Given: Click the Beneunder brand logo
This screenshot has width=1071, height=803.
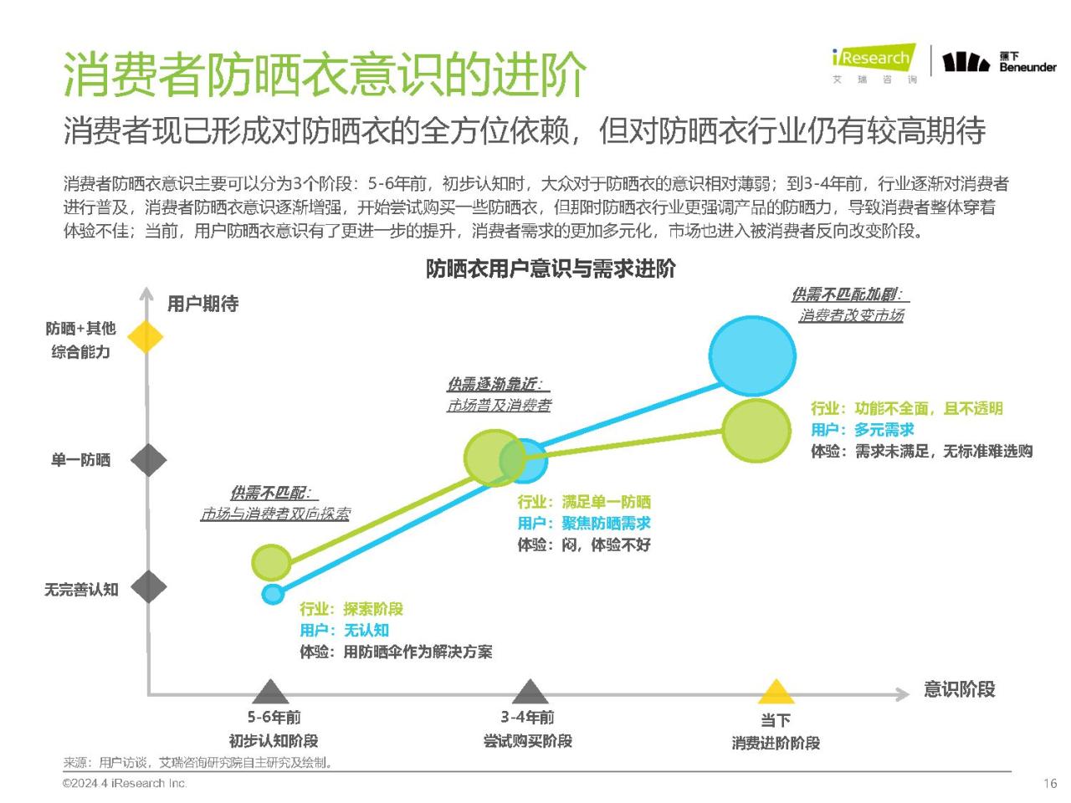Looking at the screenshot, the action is click(x=999, y=62).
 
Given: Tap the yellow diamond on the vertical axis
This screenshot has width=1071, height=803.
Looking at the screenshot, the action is click(x=146, y=336).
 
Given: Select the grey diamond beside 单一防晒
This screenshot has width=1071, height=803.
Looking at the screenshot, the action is click(x=149, y=460).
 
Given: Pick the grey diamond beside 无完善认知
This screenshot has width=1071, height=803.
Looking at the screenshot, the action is click(x=149, y=586).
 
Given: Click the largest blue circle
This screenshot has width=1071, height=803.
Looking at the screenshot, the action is click(x=752, y=355).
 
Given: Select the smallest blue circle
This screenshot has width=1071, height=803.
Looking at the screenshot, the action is click(x=273, y=594).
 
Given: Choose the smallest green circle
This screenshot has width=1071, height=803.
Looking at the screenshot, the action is click(x=271, y=562).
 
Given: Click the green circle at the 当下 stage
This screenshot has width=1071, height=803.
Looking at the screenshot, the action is click(x=756, y=431).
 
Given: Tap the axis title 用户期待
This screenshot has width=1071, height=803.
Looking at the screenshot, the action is click(x=203, y=304).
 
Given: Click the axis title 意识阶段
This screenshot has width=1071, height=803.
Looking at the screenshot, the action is click(x=959, y=689).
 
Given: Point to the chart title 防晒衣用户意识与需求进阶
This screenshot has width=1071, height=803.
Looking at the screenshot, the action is click(x=551, y=269).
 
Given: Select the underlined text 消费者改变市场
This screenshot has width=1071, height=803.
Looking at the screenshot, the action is click(x=852, y=315).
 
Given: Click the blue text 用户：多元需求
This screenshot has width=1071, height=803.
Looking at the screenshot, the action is click(x=862, y=430).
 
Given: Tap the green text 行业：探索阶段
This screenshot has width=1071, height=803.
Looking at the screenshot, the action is click(x=351, y=608).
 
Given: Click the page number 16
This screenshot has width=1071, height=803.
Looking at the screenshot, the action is click(x=1050, y=784).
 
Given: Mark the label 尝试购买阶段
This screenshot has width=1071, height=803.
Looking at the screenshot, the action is click(x=527, y=741).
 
